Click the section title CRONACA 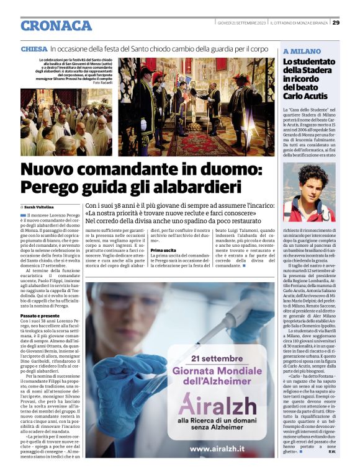(x=56, y=25)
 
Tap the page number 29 (x=336, y=23)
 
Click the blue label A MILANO (x=302, y=51)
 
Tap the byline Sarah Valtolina (x=40, y=206)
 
